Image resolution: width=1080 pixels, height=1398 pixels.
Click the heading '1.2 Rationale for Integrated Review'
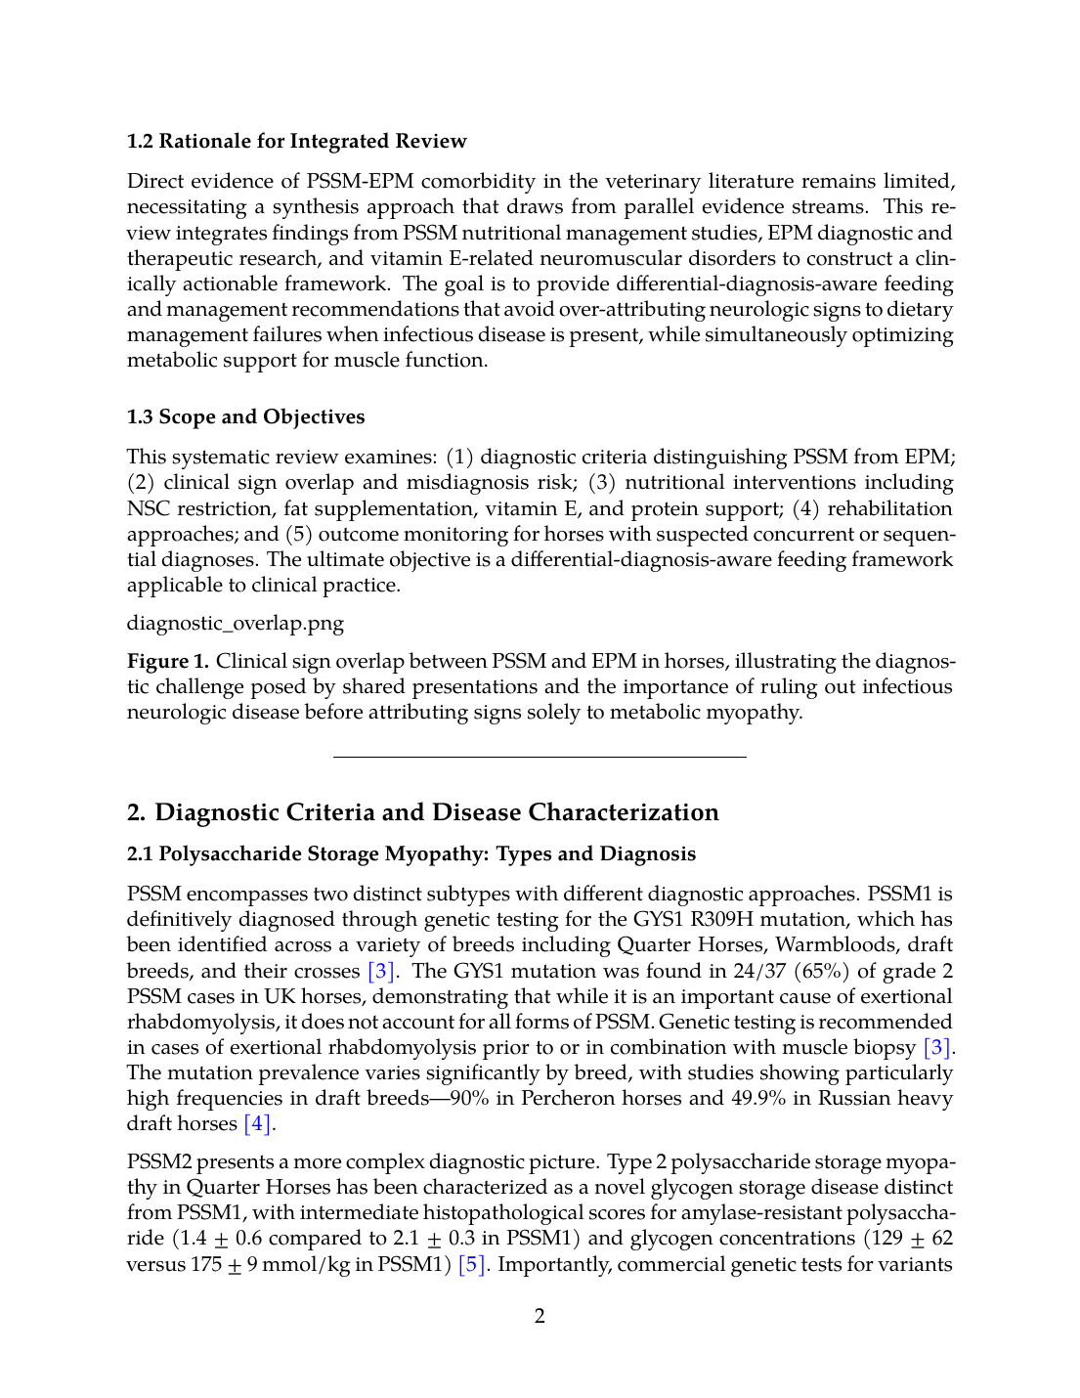pos(296,141)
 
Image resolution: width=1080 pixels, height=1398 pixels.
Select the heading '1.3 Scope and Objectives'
pos(245,416)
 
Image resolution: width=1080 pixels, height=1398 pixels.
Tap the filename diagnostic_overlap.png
pos(235,623)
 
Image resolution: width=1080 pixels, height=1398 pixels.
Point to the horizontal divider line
pos(540,757)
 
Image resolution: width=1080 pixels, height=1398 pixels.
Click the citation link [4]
pos(257,1123)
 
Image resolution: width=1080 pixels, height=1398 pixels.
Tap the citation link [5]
pos(472,1264)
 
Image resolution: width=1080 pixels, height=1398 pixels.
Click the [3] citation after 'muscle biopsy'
pos(937,1047)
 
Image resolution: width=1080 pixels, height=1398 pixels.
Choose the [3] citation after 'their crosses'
pos(381,971)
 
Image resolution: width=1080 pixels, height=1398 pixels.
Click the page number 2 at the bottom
pos(540,1316)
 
